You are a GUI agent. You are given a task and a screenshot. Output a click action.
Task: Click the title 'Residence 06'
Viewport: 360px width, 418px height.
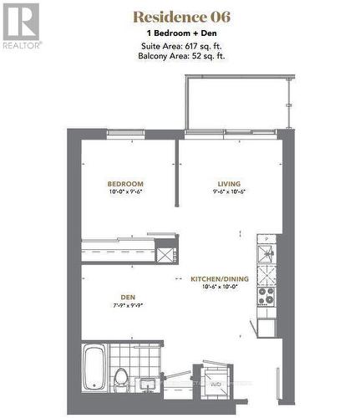pyautogui.click(x=181, y=17)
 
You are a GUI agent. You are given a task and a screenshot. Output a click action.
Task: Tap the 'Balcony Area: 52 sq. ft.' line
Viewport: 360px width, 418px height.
pyautogui.click(x=181, y=56)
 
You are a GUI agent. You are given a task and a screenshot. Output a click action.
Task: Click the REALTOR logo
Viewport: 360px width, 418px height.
pyautogui.click(x=21, y=26)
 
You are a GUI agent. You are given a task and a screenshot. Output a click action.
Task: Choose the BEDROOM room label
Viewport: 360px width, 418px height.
pyautogui.click(x=125, y=184)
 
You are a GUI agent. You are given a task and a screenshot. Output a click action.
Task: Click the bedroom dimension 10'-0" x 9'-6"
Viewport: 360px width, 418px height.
pyautogui.click(x=125, y=192)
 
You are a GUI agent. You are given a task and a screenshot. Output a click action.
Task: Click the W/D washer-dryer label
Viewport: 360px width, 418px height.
pyautogui.click(x=215, y=384)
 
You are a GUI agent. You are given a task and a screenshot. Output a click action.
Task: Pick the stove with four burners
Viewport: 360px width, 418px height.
pyautogui.click(x=266, y=296)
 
